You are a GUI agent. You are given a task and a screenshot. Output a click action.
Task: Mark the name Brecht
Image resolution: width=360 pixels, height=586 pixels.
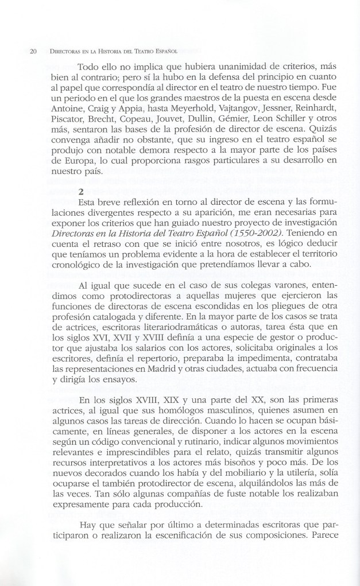(113, 121)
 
